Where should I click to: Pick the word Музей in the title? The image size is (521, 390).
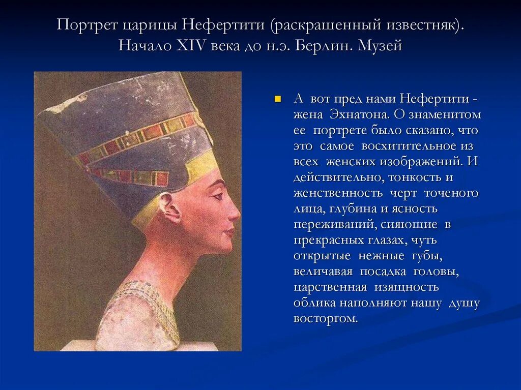[x=380, y=46]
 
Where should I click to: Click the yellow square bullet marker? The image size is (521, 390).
[x=277, y=99]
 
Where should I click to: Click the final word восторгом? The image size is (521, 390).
[x=325, y=319]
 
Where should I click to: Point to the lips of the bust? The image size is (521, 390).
[x=230, y=231]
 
